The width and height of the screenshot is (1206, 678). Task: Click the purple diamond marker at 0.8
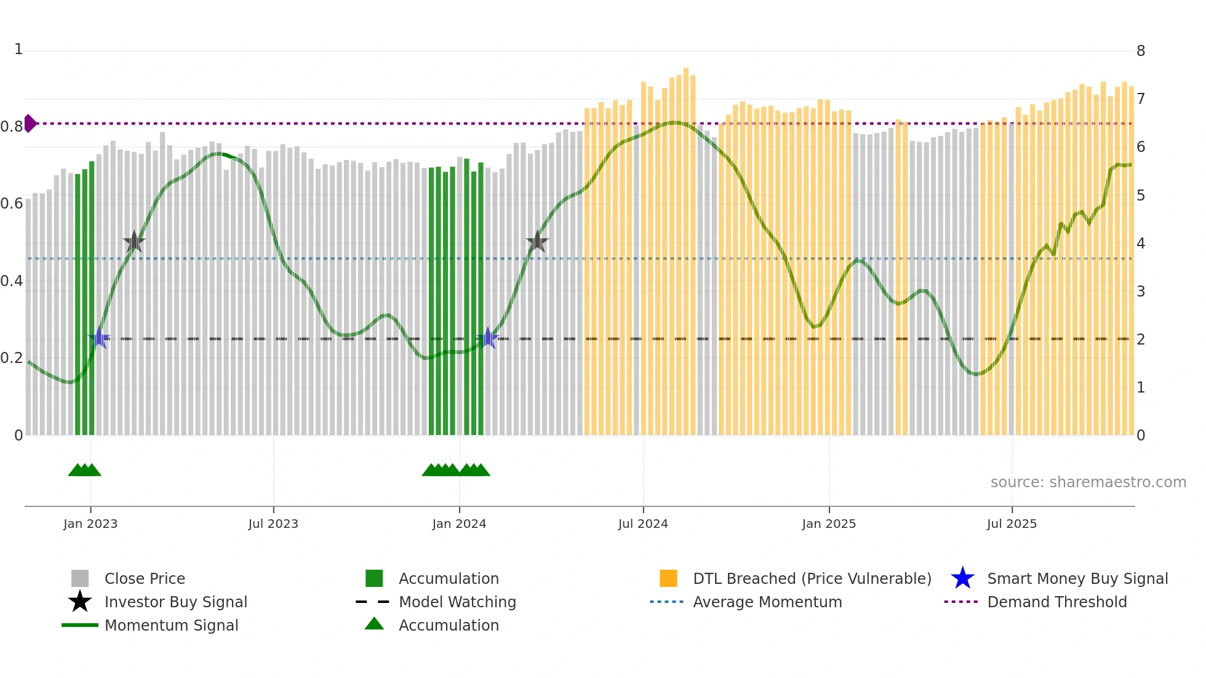30,124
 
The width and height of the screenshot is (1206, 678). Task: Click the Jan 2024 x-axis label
459,524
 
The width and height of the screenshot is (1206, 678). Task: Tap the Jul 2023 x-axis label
273,524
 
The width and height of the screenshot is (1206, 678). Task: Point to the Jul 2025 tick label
1012,524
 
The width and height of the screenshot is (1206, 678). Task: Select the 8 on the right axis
1140,51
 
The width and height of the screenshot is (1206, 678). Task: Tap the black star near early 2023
134,242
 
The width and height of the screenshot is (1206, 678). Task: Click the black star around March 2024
537,242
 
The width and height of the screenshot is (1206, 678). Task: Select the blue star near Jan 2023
99,338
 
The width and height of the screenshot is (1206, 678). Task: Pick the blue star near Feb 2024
488,338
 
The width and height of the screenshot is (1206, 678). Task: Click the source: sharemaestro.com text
1088,482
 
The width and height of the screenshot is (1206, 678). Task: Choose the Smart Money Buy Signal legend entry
1077,578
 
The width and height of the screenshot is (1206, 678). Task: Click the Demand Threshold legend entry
1056,602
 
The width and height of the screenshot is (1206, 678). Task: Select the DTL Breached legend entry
812,578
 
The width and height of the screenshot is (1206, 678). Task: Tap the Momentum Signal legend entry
171,625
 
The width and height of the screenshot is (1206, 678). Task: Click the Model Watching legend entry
457,602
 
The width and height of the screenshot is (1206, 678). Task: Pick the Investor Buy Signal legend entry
175,602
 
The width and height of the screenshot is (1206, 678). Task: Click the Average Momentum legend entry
767,602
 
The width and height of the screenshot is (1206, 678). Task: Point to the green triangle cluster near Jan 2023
84,470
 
